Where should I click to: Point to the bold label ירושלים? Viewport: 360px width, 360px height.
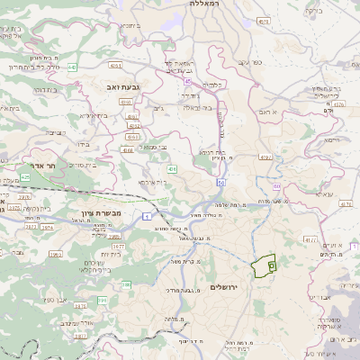pos(226,286)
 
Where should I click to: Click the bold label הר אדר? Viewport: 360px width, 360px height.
pos(41,166)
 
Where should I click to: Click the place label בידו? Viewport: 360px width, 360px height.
pos(81,143)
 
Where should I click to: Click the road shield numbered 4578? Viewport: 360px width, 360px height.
pos(263,20)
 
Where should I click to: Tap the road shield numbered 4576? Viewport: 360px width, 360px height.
pos(338,104)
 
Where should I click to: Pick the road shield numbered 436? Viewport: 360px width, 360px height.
pos(171,168)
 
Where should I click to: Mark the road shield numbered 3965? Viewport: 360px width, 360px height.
pos(56,255)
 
